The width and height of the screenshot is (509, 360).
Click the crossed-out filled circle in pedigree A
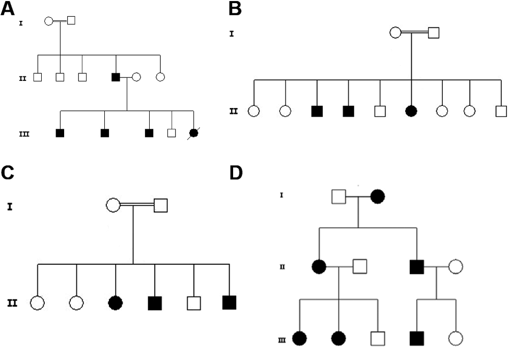[x=193, y=133]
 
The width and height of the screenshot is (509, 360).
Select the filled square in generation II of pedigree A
[x=116, y=77]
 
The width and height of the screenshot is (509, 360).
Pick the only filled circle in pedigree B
[x=411, y=110]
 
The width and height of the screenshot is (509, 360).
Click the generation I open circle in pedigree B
[x=395, y=33]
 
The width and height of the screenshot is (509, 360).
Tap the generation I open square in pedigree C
[x=161, y=205]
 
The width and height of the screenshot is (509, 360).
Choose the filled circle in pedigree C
[x=116, y=303]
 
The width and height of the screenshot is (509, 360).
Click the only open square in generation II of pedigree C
[x=193, y=303]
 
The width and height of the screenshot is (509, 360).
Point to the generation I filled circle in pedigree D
[x=378, y=196]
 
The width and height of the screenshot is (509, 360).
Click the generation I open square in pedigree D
[x=339, y=196]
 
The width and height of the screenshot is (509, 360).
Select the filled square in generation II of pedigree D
[x=417, y=266]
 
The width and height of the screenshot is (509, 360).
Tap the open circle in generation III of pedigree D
[x=456, y=338]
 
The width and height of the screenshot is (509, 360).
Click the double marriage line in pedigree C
[x=136, y=205]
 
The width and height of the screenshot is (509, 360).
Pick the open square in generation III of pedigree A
[x=172, y=133]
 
